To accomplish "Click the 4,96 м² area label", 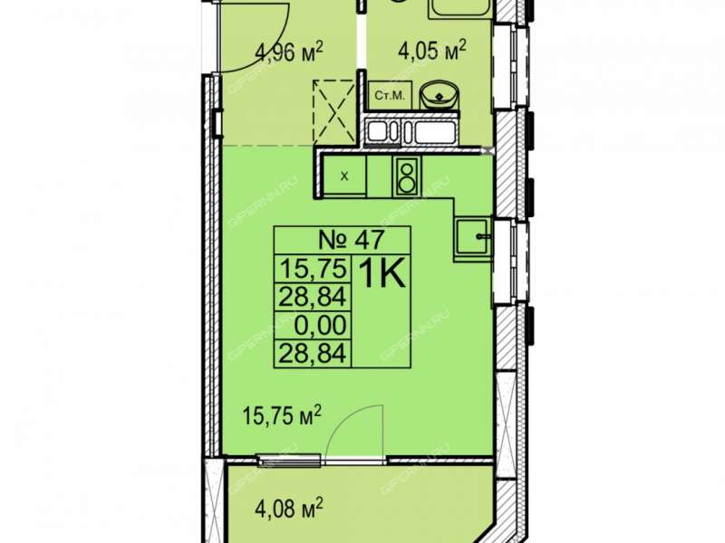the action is tap(288, 52).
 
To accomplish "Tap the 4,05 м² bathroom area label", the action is tap(432, 50).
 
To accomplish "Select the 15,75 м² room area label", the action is tap(282, 415).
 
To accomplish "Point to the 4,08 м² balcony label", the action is tap(289, 510).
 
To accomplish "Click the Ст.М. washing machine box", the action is tap(390, 96).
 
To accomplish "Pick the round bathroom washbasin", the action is tap(440, 96).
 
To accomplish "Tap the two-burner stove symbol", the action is tap(407, 176).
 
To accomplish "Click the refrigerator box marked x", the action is tap(344, 176).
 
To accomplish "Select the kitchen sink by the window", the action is tap(473, 237).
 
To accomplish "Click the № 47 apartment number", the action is tap(352, 240).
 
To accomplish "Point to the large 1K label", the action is tap(382, 273).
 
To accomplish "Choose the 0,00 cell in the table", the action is tap(321, 325).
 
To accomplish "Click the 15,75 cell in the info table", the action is tap(314, 268).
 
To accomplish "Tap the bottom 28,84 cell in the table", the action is tap(313, 354).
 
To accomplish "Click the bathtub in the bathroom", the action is tap(460, 9).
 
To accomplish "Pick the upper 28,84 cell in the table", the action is tap(313, 297).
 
